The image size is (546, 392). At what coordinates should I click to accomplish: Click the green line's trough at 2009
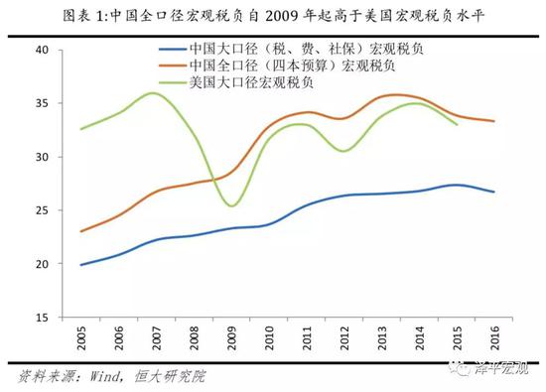[231, 205]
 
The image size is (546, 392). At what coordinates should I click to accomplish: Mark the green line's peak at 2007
[154, 93]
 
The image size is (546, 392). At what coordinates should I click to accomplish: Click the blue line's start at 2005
[81, 265]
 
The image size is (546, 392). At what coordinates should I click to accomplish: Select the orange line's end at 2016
[494, 121]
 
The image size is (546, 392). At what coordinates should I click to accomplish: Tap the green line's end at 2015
[457, 125]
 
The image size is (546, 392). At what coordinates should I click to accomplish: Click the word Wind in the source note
[110, 377]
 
